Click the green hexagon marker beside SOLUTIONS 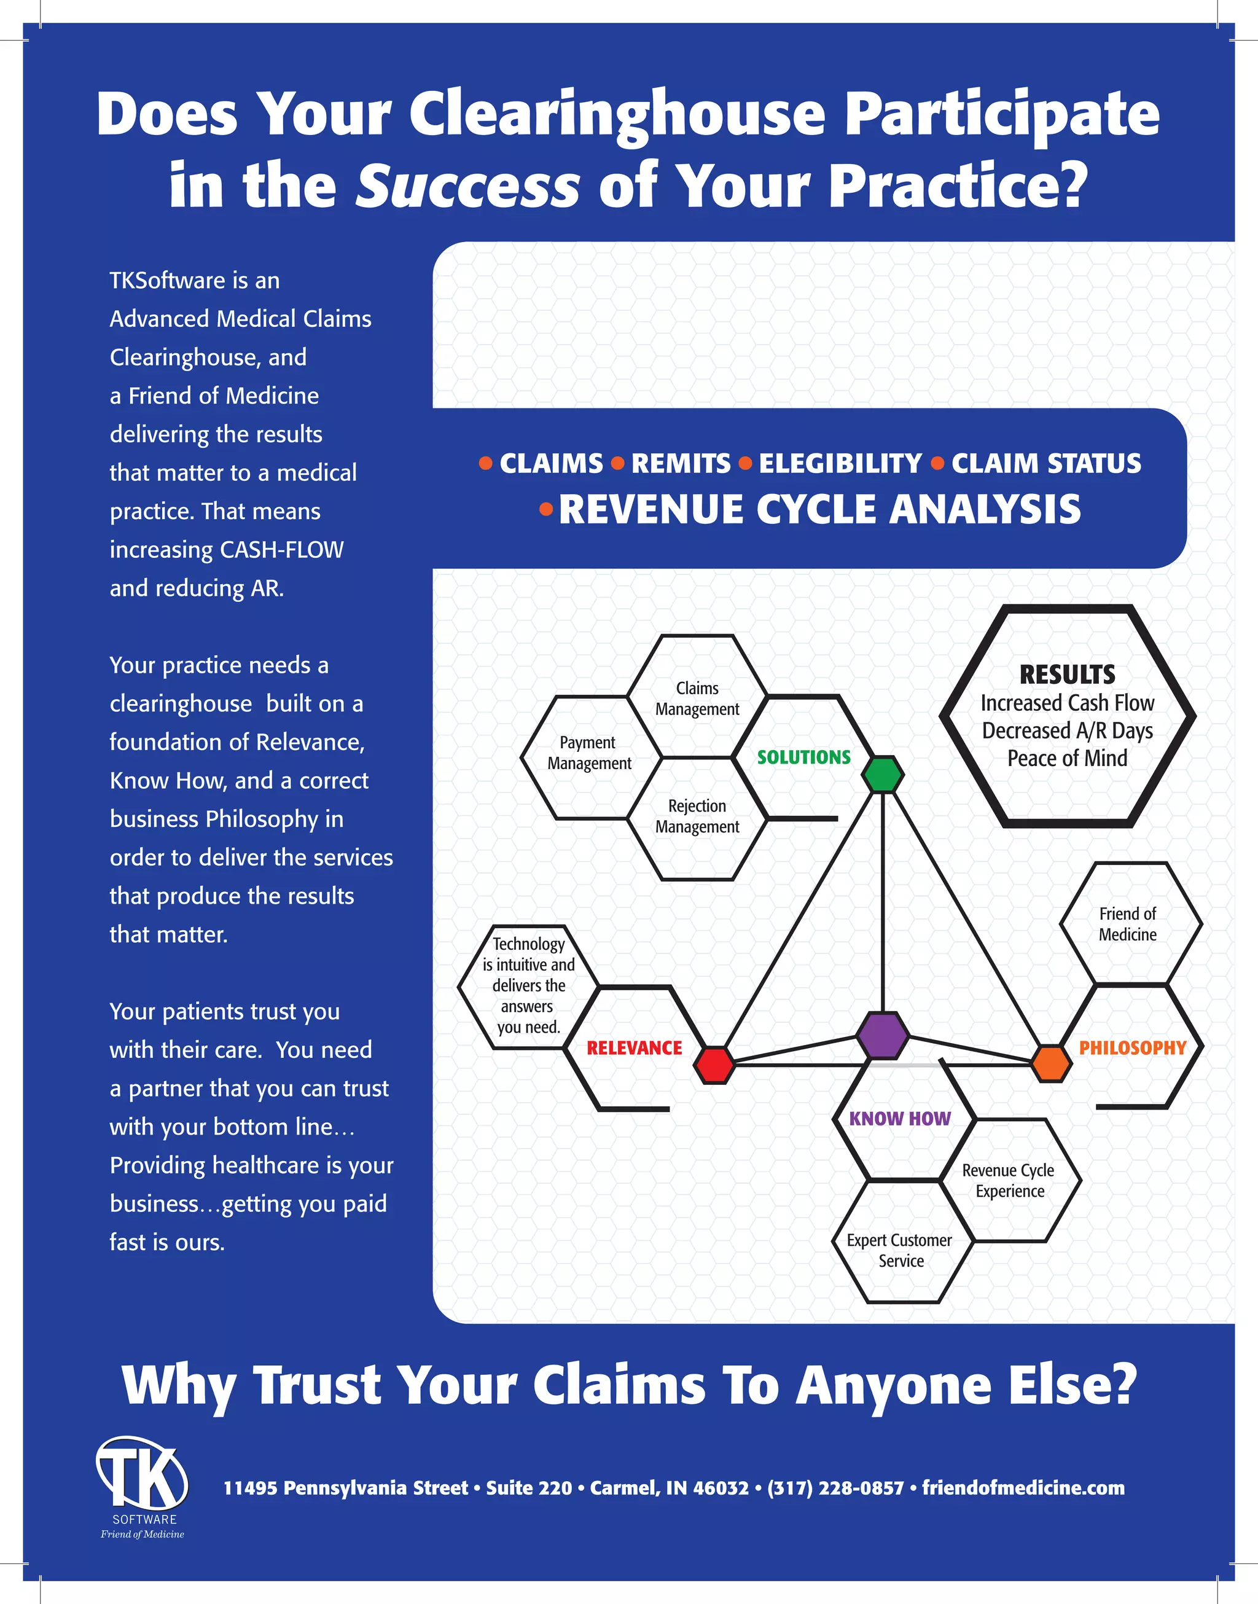(882, 774)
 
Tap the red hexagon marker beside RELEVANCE (714, 1065)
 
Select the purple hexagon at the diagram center (881, 1035)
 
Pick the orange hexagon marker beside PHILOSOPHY (1050, 1063)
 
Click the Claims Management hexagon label (697, 698)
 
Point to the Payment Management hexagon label (588, 753)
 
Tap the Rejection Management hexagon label (697, 816)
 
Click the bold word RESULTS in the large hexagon (1066, 675)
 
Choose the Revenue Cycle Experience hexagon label (1009, 1181)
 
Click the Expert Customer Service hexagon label (899, 1251)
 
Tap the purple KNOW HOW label (899, 1119)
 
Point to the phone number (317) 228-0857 (835, 1488)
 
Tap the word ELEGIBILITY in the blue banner (840, 463)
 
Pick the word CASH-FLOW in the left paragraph (281, 549)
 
